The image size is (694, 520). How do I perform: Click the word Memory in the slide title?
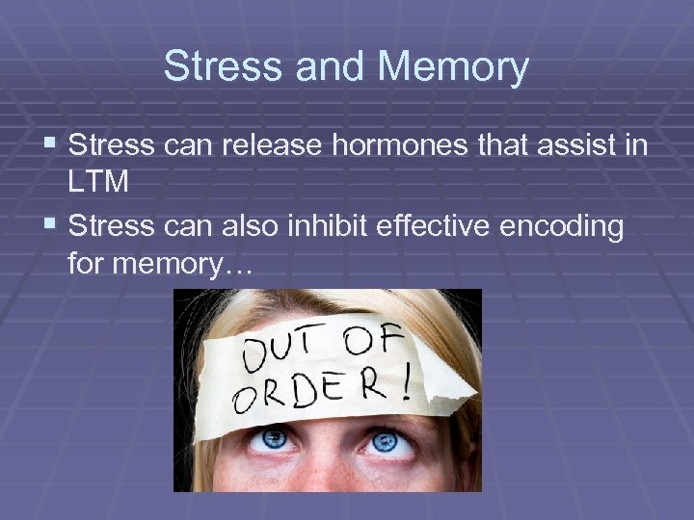pyautogui.click(x=454, y=67)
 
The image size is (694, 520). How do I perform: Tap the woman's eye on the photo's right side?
pyautogui.click(x=385, y=441)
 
